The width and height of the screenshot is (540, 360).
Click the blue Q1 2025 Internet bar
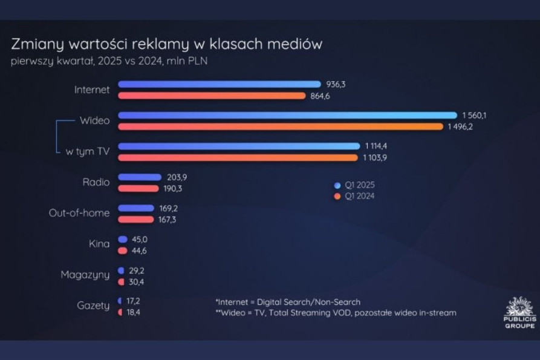pos(220,84)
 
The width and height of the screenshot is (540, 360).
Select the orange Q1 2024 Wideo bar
pos(281,126)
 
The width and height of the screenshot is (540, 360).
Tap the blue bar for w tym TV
pos(239,146)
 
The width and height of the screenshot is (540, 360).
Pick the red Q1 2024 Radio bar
pos(138,188)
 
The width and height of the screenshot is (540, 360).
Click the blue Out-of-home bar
pos(136,208)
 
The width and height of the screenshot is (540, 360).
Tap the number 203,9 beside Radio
pos(177,177)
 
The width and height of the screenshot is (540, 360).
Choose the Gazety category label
pos(93,306)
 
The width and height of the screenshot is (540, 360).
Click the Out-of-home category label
pos(79,213)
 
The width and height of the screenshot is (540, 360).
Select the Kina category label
pos(99,244)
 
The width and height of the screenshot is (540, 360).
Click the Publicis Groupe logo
pos(519,312)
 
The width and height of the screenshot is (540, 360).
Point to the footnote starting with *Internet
pos(288,301)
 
